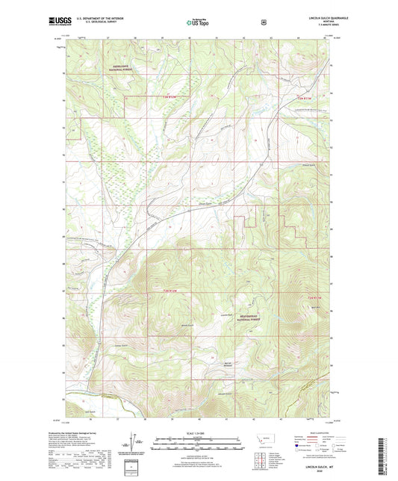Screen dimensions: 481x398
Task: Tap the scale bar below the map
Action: coord(199,441)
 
